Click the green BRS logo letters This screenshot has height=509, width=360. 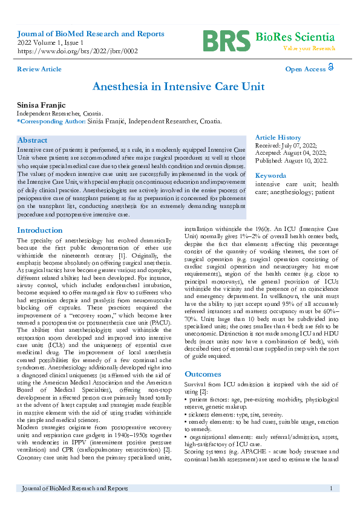coord(225,41)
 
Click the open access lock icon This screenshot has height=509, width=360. coord(331,68)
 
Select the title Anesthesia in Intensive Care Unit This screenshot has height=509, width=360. coord(178,86)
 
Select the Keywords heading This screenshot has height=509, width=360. coord(270,175)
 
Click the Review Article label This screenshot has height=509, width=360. coord(39,69)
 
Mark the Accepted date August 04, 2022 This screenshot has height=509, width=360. coord(291,154)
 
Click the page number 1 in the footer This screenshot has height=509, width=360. coord(331,488)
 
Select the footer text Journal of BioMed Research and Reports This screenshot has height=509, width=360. coord(74,488)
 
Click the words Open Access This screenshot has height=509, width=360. coord(305,69)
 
